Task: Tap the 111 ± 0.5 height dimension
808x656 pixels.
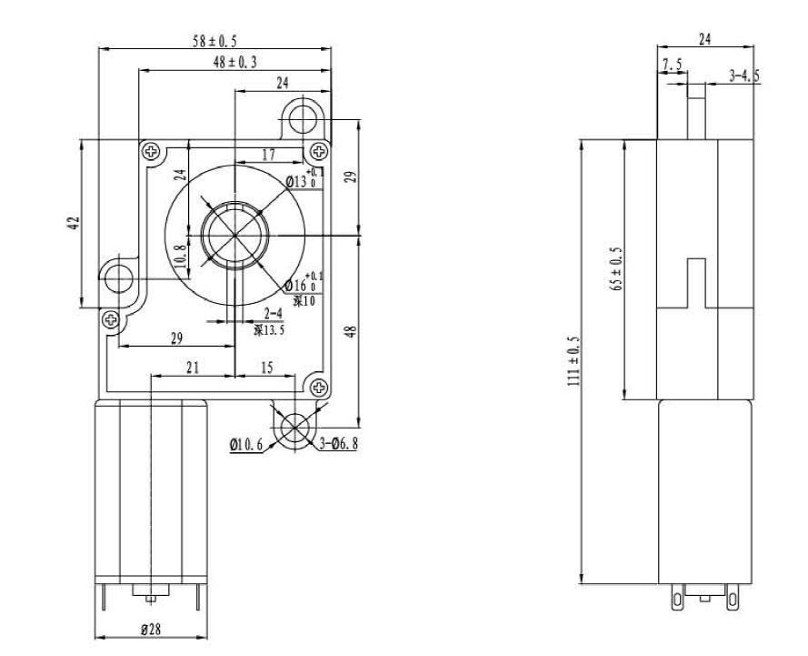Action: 574,361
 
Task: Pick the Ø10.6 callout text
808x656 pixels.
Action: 247,445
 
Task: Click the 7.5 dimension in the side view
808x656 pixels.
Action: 673,64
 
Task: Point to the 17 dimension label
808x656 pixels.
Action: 268,156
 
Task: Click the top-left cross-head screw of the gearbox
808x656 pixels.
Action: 150,150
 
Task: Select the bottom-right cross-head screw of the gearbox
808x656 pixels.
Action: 319,387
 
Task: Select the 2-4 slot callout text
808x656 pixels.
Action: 273,314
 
